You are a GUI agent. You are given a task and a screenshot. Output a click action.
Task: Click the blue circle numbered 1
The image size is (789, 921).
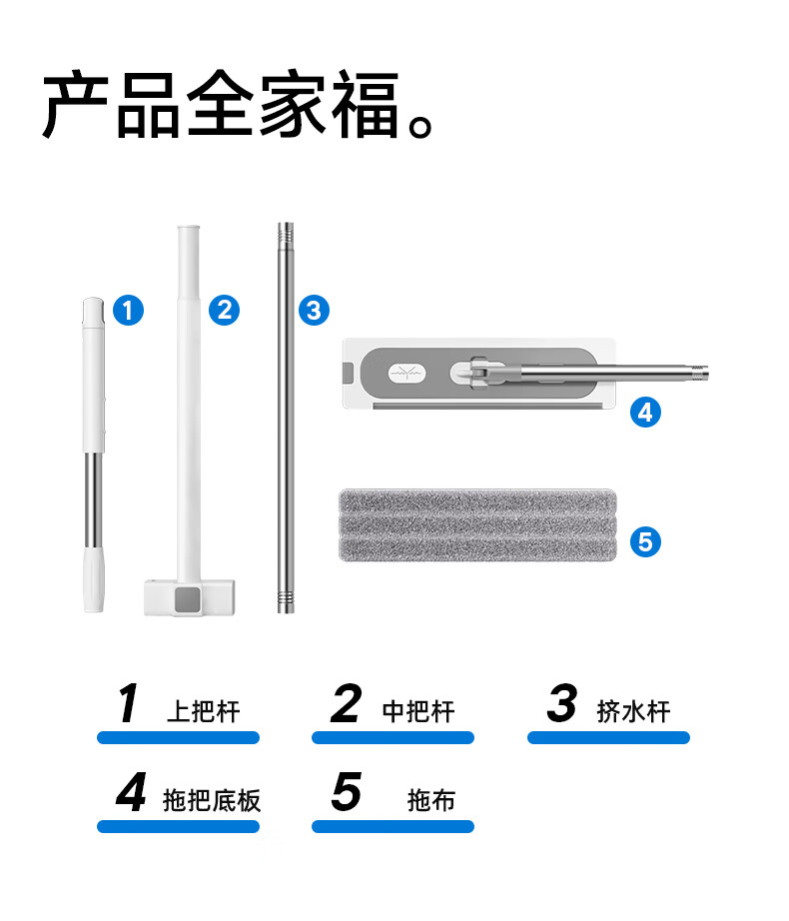point(128,310)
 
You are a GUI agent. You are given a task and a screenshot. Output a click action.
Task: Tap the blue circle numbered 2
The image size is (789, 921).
point(225,310)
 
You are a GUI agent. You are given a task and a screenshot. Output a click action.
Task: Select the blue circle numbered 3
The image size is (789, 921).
point(314,310)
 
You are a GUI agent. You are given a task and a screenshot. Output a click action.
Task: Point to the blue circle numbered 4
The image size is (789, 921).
point(645,413)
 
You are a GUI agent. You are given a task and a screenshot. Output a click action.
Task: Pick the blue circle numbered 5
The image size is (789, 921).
point(645,541)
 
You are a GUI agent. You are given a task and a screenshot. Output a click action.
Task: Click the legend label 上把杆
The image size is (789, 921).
point(204,712)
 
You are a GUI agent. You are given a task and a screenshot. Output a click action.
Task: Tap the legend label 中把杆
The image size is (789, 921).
point(418,712)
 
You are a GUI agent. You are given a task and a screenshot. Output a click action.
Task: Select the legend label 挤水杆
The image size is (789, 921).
point(634,712)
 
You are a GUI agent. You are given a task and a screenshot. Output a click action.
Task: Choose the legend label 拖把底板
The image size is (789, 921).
point(212,800)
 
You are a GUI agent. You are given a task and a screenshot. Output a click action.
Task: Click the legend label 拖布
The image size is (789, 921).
point(431,800)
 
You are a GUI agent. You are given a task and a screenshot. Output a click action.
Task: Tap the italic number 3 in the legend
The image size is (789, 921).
point(562,703)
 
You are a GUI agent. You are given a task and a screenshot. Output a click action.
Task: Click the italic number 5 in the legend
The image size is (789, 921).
point(347,792)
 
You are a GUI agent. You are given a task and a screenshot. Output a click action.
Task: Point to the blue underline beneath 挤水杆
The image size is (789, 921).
point(609,738)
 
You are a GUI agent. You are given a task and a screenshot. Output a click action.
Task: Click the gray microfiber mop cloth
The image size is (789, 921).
point(477,524)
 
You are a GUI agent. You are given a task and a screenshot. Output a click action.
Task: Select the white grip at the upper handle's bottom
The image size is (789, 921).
point(94,579)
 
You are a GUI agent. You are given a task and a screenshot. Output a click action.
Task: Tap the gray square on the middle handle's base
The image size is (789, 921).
point(188,598)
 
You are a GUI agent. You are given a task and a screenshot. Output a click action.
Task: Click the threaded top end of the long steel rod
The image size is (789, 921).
point(286,235)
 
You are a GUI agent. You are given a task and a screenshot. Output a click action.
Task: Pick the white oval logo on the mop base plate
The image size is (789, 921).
point(406,373)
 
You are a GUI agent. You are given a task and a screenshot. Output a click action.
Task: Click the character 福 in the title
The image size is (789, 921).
point(366,105)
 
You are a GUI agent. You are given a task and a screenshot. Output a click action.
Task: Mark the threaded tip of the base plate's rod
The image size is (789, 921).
point(700,373)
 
